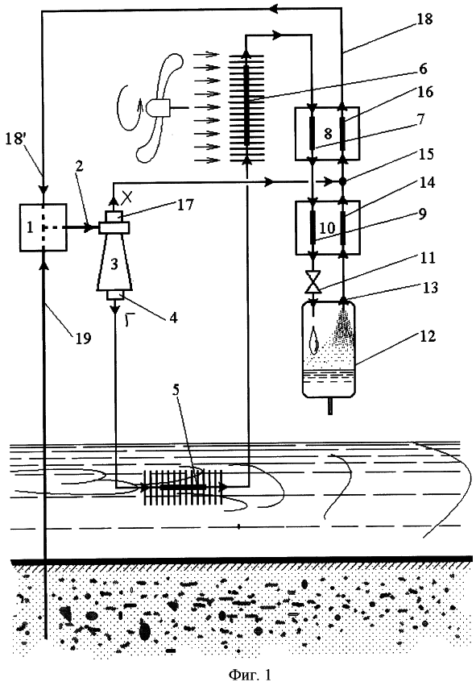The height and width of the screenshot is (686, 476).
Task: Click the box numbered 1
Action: pos(43,227)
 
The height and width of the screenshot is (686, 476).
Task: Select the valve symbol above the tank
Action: pos(313,282)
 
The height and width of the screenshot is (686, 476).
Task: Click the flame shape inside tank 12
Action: pos(314,339)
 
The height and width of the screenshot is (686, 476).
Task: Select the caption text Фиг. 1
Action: pos(250,674)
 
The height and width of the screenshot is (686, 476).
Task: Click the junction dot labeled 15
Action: pos(342,181)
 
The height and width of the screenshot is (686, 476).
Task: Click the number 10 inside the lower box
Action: pos(327,227)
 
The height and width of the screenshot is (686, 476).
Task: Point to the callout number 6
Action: pos(422,69)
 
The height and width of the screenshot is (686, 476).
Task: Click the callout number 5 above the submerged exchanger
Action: pos(176,390)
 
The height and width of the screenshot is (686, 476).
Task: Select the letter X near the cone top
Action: pos(126,198)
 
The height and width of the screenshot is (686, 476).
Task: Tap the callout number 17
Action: pos(185,204)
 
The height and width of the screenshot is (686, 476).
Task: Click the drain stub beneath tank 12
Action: pos(330,405)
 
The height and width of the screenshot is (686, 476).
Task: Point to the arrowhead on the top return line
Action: pos(275,8)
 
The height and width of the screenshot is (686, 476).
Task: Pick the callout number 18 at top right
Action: pos(424,19)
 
